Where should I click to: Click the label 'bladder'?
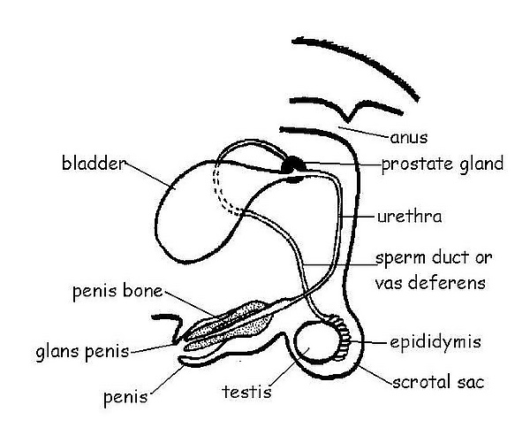(x=93, y=163)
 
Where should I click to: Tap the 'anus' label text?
(x=409, y=138)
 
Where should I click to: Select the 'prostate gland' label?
(x=443, y=164)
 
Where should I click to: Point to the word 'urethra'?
(x=409, y=217)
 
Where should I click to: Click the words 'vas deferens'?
(x=430, y=282)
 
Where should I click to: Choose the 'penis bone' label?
(x=117, y=291)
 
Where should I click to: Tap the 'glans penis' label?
(x=82, y=352)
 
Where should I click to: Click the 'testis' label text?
(x=246, y=392)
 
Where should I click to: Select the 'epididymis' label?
(x=435, y=342)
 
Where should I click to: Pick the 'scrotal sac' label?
(x=438, y=382)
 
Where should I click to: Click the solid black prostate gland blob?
(x=293, y=164)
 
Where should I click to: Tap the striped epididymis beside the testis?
(x=342, y=335)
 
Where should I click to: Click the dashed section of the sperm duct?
(x=222, y=193)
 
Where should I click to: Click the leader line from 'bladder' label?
(x=148, y=175)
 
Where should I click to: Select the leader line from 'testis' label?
(x=290, y=367)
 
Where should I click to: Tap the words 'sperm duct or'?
(x=434, y=258)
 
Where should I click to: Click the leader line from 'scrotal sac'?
(x=375, y=375)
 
